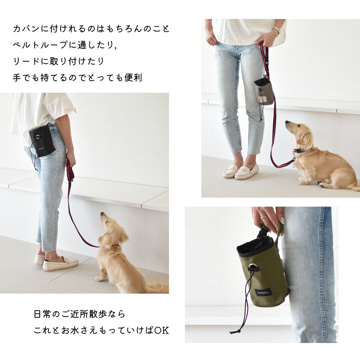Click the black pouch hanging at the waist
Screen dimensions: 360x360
tap(42, 141)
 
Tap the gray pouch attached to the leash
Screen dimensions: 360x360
tap(264, 91)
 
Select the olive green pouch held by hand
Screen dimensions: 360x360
tap(262, 272)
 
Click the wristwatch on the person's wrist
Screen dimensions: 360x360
tap(277, 30)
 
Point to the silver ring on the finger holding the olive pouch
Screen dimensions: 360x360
tap(264, 217)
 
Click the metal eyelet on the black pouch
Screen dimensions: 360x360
tap(37, 137)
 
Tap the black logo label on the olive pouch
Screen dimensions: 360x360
tap(264, 293)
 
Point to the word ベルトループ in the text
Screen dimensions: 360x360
tap(40, 45)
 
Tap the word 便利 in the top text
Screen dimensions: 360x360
tap(133, 78)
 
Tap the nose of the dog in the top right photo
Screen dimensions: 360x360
tap(287, 122)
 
